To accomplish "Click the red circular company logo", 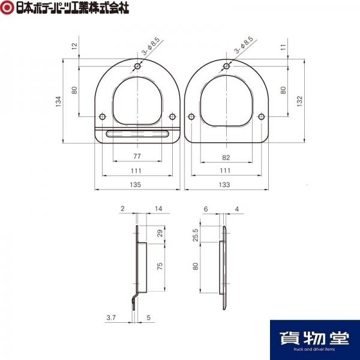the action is [7, 8].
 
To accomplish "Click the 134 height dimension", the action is [59, 101].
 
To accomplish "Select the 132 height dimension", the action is [299, 101].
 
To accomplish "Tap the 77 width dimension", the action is [137, 157].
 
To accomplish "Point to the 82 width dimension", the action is [226, 157].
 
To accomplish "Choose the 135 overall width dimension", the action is [136, 185].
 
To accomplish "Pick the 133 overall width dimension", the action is [224, 185].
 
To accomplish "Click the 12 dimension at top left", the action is [74, 46].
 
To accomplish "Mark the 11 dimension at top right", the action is [284, 47].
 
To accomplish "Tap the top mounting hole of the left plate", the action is [137, 67].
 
